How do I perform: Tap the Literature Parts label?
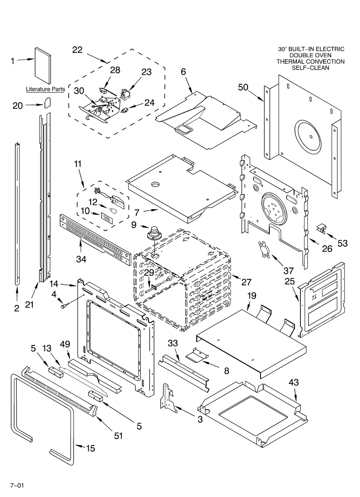45,89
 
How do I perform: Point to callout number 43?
294,382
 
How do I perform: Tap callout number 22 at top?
77,50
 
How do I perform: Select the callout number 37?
289,271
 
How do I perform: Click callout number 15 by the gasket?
90,448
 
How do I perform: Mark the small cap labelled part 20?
47,102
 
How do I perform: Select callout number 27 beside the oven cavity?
246,282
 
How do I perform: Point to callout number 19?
252,296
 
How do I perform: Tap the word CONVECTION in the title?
325,62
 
